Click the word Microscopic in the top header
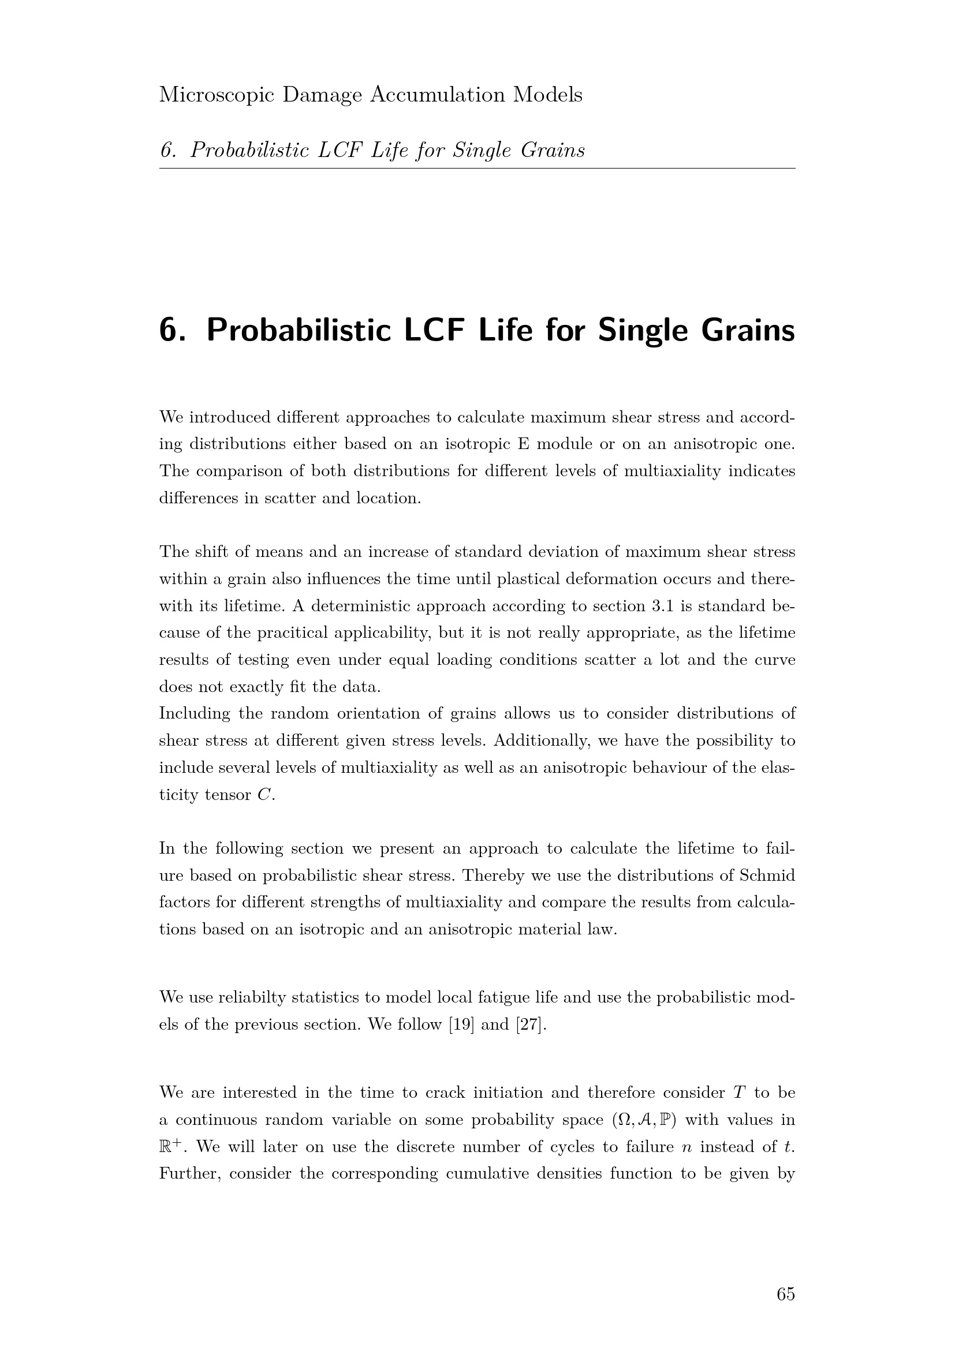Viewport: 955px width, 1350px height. click(x=216, y=95)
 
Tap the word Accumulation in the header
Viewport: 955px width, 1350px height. click(x=437, y=95)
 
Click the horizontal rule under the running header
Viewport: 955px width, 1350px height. click(x=476, y=168)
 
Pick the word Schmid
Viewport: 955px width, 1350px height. click(x=767, y=876)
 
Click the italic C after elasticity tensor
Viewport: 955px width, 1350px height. click(x=264, y=795)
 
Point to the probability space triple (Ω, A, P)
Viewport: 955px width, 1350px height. click(x=644, y=1120)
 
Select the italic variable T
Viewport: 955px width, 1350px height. click(x=739, y=1093)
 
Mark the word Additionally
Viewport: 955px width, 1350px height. click(x=542, y=741)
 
